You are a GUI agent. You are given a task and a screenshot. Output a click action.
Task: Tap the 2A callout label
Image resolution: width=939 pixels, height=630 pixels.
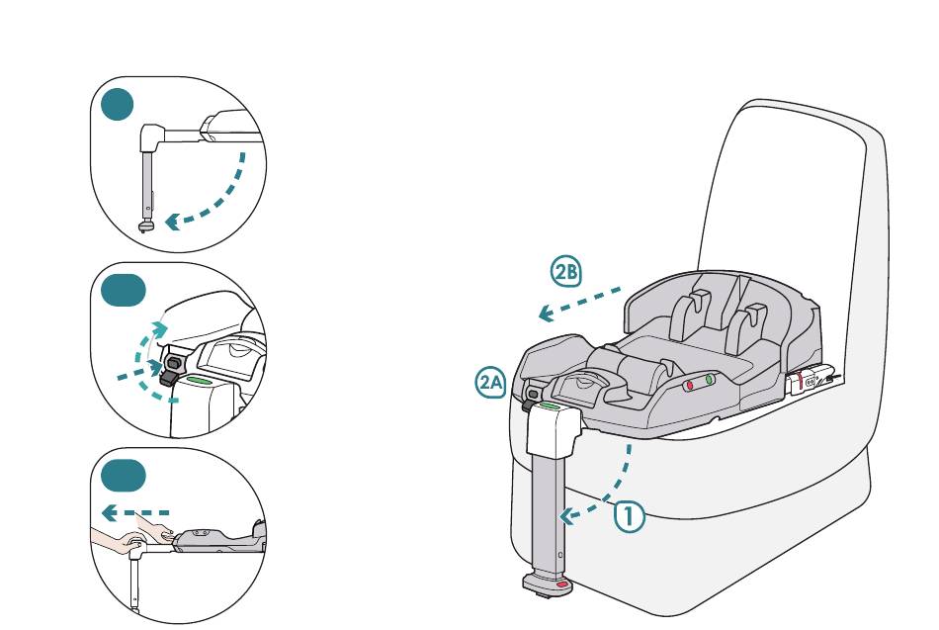tap(491, 382)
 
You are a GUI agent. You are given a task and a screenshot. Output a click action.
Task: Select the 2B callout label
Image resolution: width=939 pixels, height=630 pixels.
tap(566, 272)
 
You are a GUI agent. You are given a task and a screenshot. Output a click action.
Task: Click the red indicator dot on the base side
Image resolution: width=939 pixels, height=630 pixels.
tap(691, 383)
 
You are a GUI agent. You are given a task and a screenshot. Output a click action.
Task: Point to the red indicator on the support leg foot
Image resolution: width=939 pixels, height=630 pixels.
tap(562, 585)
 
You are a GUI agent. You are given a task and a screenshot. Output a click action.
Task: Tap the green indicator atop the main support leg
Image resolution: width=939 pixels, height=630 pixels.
tap(550, 405)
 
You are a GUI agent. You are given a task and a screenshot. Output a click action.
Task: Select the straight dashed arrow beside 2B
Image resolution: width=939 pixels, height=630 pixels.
tap(579, 304)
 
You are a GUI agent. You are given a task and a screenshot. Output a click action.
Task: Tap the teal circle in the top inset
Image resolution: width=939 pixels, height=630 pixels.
tap(117, 103)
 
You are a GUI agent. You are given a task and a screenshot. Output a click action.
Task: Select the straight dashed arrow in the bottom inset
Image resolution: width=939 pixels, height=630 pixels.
tap(135, 513)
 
